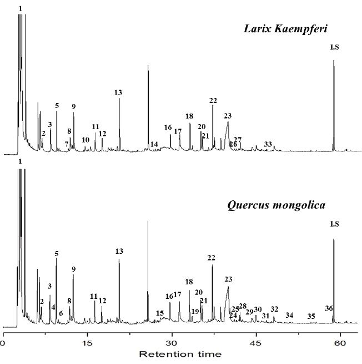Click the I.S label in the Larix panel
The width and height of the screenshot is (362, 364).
tap(334, 47)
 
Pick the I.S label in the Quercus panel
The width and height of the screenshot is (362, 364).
tap(334, 224)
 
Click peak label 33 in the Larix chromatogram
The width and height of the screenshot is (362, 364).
tap(268, 145)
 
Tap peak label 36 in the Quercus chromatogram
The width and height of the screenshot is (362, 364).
tap(329, 308)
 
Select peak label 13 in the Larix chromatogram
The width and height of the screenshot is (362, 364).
tap(118, 92)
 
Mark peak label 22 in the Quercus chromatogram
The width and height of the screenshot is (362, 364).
tap(211, 258)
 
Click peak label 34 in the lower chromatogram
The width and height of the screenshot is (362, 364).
tap(289, 316)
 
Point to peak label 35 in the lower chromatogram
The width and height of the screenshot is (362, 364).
tap(311, 317)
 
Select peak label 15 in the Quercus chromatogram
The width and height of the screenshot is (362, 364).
tap(160, 313)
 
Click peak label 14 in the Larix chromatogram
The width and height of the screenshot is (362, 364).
tap(154, 145)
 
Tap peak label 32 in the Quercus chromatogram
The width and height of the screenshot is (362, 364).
tap(274, 309)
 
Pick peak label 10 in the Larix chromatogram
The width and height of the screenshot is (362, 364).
tap(86, 140)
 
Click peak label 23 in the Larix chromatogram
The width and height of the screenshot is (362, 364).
tap(228, 116)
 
